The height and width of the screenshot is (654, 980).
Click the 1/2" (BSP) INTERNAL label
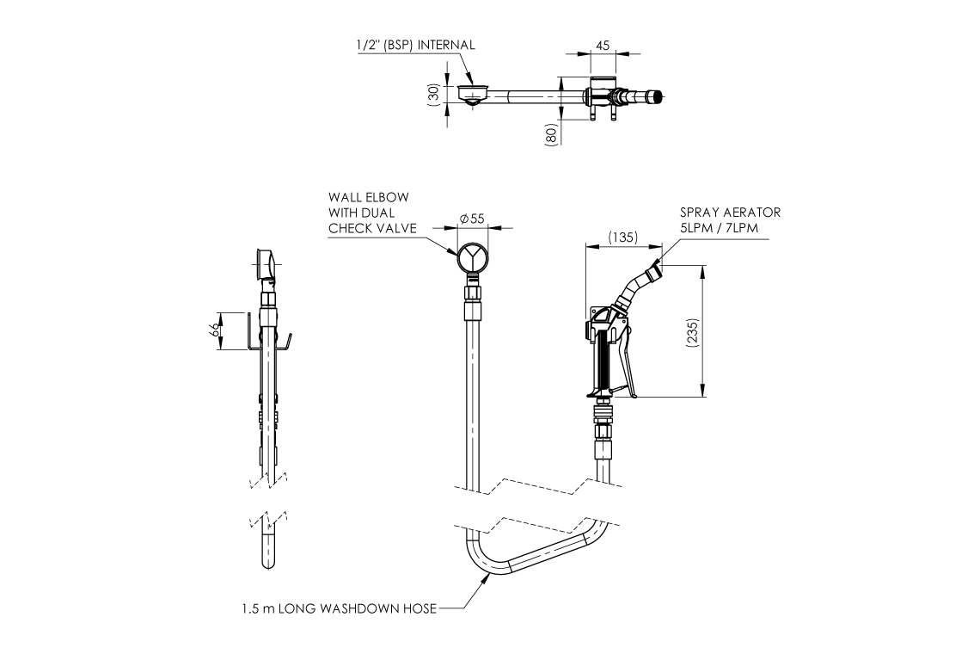416,46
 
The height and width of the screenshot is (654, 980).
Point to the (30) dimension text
434,93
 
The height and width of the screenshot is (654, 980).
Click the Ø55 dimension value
473,219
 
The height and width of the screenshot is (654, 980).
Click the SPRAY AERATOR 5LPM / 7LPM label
731,219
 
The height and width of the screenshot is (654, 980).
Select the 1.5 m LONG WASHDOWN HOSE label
339,609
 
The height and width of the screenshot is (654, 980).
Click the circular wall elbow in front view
473,256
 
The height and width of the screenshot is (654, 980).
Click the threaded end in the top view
657,96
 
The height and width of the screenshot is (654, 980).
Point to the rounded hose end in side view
267,561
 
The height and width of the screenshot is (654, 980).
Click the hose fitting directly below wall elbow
473,298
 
